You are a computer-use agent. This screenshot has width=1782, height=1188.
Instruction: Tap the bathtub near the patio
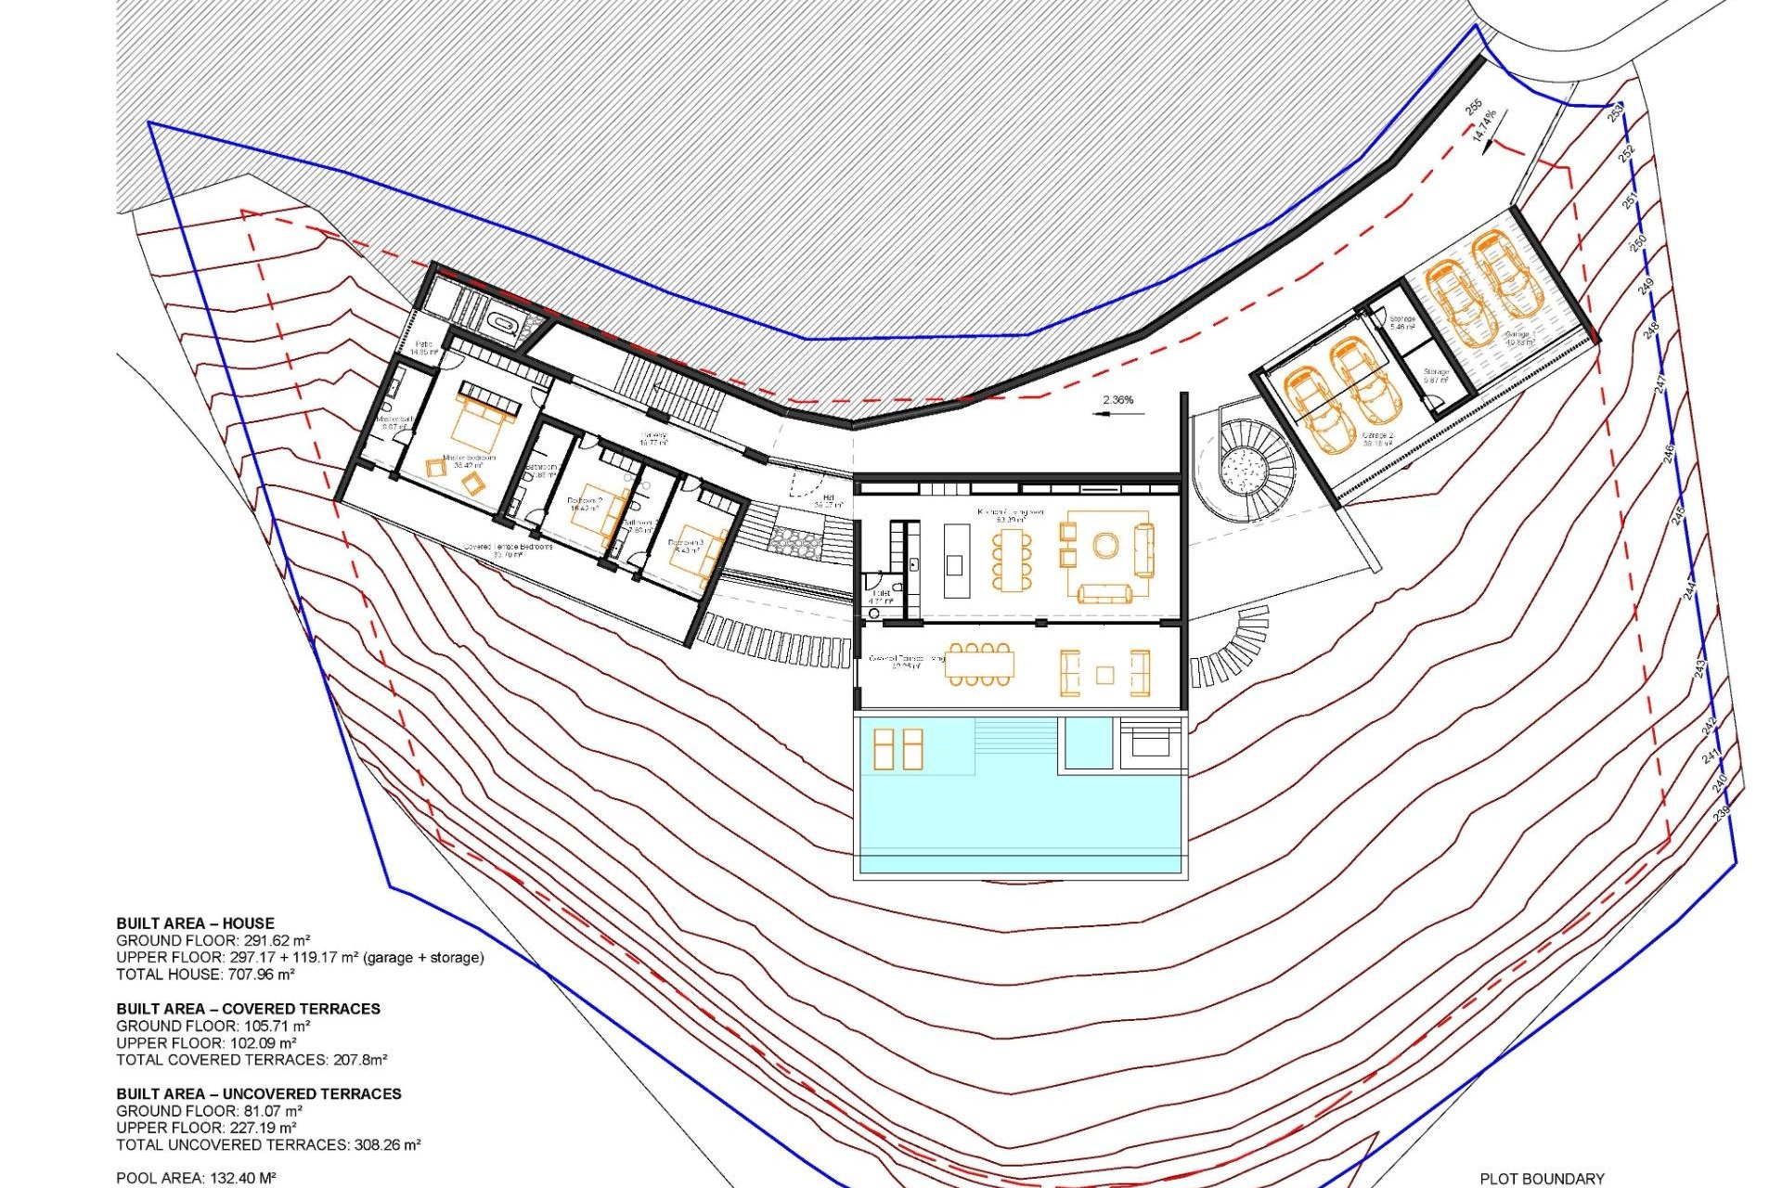click(x=504, y=324)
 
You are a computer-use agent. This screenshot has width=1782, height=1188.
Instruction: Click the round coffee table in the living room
click(x=1105, y=545)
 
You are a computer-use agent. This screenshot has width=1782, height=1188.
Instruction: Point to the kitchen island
click(x=957, y=561)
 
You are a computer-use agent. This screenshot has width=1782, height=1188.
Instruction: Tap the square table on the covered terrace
click(x=1104, y=675)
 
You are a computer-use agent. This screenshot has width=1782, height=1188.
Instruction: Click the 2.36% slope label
click(x=1117, y=400)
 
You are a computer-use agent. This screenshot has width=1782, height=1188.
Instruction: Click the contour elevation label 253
click(x=1616, y=112)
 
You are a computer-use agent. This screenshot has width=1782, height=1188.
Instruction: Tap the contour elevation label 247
click(x=1660, y=382)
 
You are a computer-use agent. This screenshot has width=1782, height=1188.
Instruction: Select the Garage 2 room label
click(x=1377, y=439)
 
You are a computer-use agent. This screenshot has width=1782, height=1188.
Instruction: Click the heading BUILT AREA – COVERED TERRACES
click(x=248, y=1009)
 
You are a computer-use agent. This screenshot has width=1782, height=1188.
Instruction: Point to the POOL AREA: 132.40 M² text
click(x=196, y=1179)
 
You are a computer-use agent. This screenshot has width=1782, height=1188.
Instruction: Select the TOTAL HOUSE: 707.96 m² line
click(x=205, y=975)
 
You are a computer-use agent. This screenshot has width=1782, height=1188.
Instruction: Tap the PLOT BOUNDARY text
click(x=1542, y=1179)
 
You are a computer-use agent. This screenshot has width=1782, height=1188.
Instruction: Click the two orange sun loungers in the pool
click(x=897, y=749)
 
